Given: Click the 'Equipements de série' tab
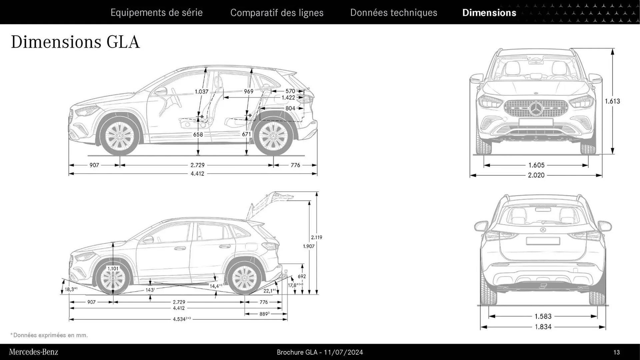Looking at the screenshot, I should point(156,13).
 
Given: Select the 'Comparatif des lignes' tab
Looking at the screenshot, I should point(277,13).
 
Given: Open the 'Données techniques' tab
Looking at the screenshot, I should point(393,13).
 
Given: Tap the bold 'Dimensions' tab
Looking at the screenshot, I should point(489,13).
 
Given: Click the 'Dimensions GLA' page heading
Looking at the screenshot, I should point(75,42).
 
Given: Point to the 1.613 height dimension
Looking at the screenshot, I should point(612,101).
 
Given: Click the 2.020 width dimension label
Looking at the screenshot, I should point(536,175).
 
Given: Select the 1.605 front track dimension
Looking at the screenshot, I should point(536,165).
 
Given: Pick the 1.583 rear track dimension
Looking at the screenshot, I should point(543,316).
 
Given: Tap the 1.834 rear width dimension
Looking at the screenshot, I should point(543,327).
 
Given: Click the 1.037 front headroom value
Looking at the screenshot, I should point(201,91).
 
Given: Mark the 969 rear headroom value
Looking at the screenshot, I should point(248,91).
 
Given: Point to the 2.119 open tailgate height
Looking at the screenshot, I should point(316,237).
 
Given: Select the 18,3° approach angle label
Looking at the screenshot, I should point(71,289).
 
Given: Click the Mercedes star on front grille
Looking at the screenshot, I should point(536,109).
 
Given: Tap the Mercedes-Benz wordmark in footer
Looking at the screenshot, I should point(33,352).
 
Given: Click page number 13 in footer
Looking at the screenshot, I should point(616,352).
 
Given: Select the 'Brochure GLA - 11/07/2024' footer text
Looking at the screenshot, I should point(320,352).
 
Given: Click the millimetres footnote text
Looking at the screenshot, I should point(49,335).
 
